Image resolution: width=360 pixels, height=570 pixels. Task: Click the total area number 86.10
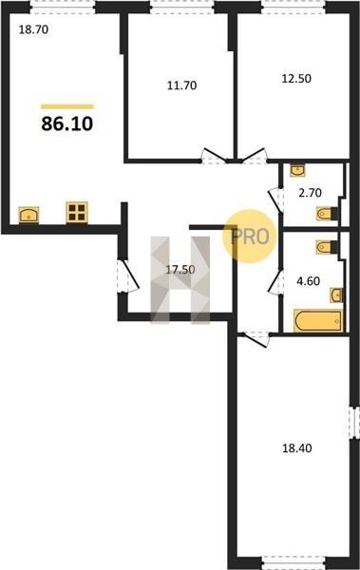coord(67,123)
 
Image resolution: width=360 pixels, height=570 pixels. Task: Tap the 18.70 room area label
coord(33,29)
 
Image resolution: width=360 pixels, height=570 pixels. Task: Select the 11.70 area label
coord(181,85)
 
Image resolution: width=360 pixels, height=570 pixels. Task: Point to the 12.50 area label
coord(296,78)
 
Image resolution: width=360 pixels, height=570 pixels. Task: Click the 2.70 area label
coord(310,193)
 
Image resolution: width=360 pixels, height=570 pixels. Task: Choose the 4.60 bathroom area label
coord(309,281)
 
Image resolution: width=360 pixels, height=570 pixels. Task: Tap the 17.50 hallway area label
coord(180,270)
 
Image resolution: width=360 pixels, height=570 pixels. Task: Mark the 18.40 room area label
coord(297,448)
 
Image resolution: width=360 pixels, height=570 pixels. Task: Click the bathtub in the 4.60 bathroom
coord(318,321)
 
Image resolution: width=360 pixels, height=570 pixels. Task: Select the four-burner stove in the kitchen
coord(77,212)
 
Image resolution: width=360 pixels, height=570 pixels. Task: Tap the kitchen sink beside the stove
coord(28,215)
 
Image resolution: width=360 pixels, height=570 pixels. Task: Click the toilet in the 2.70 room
coord(328,214)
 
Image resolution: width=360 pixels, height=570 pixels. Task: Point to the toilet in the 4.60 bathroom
coord(328,247)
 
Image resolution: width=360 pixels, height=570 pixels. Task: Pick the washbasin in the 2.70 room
coord(297,170)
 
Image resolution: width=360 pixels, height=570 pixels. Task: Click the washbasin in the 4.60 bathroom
coord(336,294)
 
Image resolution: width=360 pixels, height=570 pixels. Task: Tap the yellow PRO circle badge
coord(250,237)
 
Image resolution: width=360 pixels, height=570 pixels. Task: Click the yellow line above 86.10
coord(67,106)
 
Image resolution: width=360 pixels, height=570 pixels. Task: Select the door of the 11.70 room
coord(215,157)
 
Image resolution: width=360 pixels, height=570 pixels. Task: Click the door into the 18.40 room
coord(255,339)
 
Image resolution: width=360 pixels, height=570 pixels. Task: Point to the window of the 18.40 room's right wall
coord(353,423)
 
